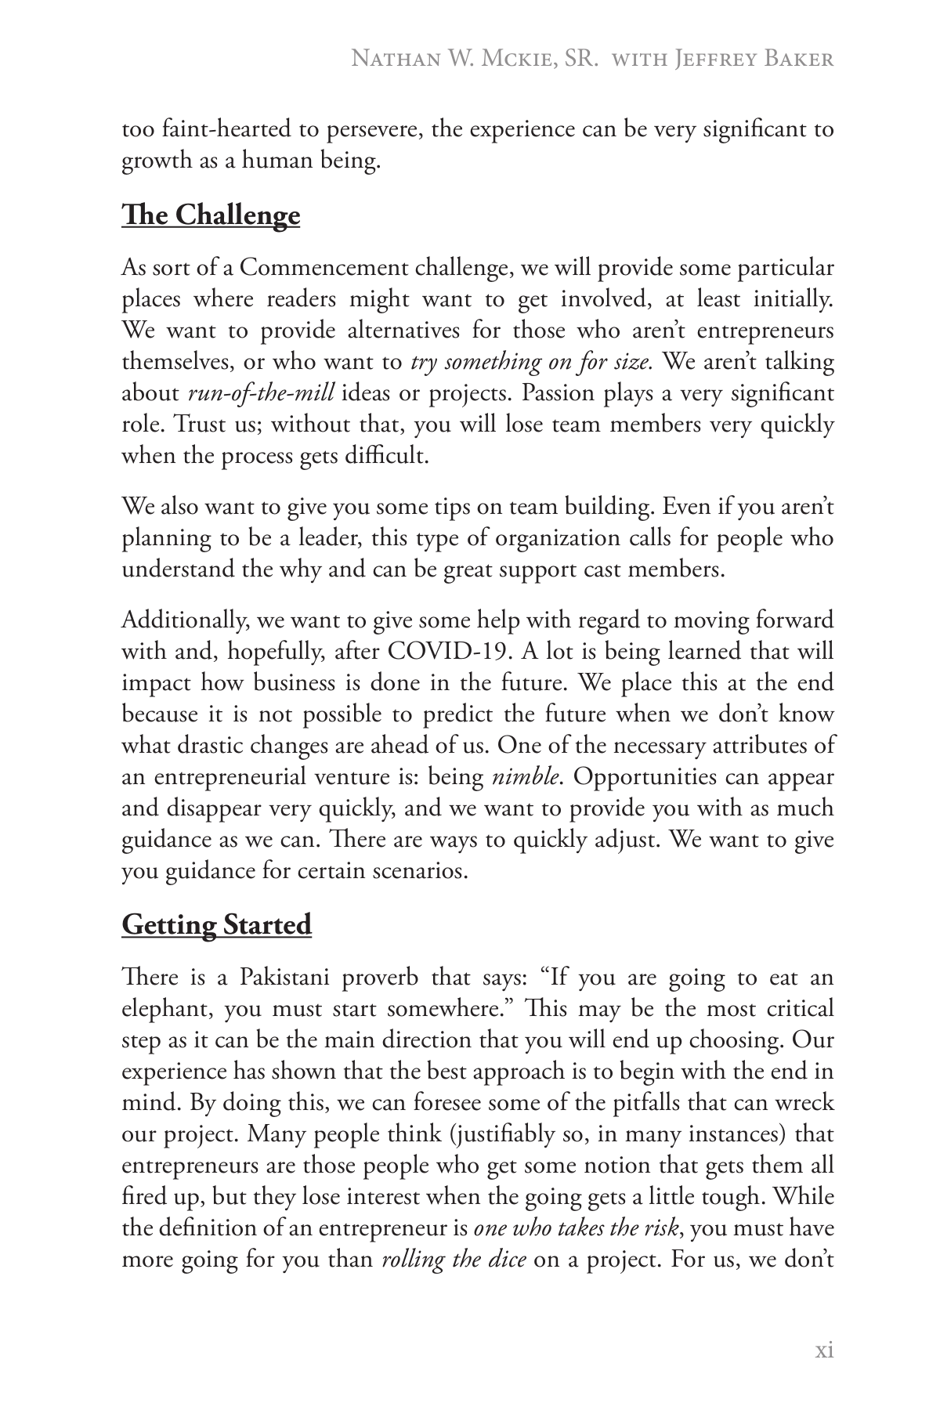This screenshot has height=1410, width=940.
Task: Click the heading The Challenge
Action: tap(211, 215)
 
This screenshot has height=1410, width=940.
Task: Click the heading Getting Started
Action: tap(216, 924)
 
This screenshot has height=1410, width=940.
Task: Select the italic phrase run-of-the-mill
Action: tap(262, 393)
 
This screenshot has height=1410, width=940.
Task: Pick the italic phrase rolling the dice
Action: tap(454, 1260)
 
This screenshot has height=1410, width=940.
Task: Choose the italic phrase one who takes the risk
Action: tap(576, 1229)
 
